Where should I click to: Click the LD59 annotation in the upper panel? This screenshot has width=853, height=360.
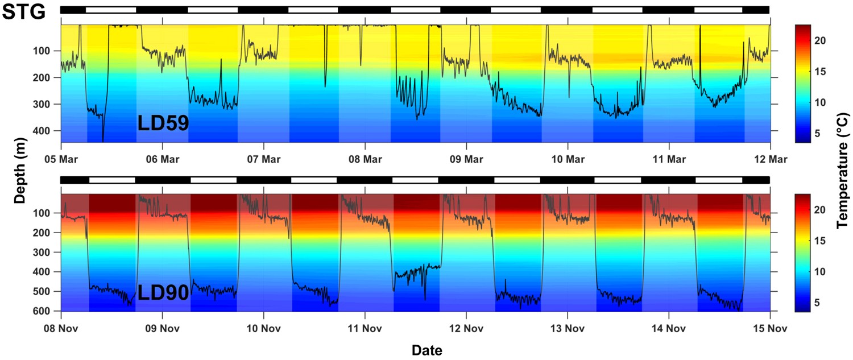tap(163, 123)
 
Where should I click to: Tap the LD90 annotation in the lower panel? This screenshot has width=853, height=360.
tap(163, 293)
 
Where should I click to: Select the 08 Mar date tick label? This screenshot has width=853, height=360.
tap(365, 159)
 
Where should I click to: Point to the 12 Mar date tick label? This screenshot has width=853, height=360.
tap(769, 159)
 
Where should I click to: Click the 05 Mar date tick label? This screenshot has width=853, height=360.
tap(61, 159)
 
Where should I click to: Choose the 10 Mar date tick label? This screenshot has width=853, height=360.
tap(567, 159)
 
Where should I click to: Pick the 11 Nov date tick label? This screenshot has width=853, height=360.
tap(365, 329)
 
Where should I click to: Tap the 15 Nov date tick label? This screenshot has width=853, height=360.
tap(769, 329)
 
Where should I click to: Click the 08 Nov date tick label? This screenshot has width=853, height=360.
tap(61, 329)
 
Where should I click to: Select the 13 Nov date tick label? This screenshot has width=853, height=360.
tap(567, 329)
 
